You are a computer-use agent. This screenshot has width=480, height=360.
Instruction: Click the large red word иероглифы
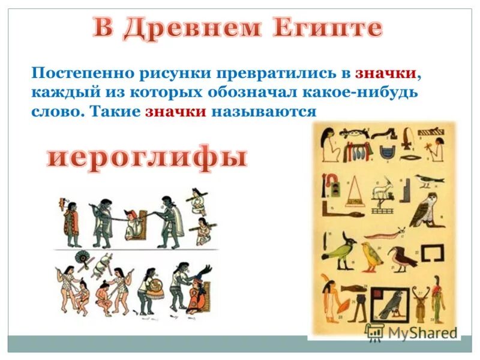point(147,157)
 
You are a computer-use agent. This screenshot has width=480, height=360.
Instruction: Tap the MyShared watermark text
point(420,332)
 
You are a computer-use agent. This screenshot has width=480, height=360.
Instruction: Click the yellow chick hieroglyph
point(371,256)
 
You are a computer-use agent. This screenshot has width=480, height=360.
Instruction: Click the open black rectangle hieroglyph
point(433,253)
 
